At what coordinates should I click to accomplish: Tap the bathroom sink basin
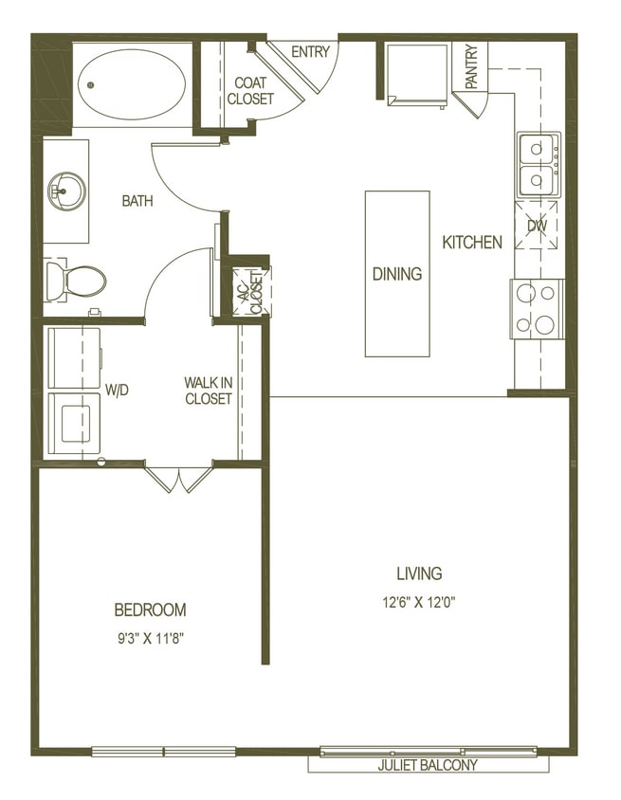pyautogui.click(x=66, y=191)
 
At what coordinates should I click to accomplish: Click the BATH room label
pyautogui.click(x=137, y=201)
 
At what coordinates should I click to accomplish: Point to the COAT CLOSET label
pyautogui.click(x=250, y=91)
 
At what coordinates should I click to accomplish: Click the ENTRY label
pyautogui.click(x=310, y=52)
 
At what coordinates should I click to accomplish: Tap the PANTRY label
pyautogui.click(x=471, y=66)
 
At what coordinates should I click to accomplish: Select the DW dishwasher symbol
pyautogui.click(x=537, y=226)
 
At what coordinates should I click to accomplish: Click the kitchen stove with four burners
pyautogui.click(x=536, y=309)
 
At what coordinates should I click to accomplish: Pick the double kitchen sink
pyautogui.click(x=537, y=163)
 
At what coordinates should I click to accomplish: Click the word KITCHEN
pyautogui.click(x=472, y=243)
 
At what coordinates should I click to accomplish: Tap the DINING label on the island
pyautogui.click(x=396, y=275)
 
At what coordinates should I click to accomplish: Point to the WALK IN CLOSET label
pyautogui.click(x=209, y=391)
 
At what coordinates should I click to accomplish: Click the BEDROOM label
pyautogui.click(x=150, y=609)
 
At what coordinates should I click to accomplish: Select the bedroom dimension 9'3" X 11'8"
pyautogui.click(x=150, y=639)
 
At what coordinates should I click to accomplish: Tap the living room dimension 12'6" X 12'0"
pyautogui.click(x=419, y=601)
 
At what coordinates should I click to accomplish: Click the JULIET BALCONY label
pyautogui.click(x=429, y=765)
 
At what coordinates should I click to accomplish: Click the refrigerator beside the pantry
pyautogui.click(x=415, y=73)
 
